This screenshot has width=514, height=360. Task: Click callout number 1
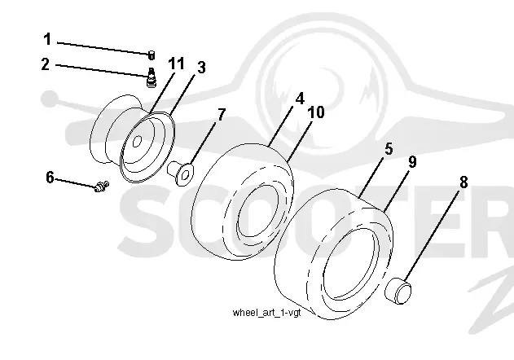click(47, 39)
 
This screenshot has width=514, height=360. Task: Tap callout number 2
click(46, 64)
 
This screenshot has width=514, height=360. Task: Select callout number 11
click(177, 64)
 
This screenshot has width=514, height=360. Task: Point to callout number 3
click(201, 68)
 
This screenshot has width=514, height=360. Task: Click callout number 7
click(222, 115)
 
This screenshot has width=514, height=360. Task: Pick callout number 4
click(300, 99)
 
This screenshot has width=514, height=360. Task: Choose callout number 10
click(316, 112)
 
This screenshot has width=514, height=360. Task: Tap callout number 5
click(389, 149)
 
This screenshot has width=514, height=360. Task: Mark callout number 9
click(412, 162)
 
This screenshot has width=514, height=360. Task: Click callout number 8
click(463, 182)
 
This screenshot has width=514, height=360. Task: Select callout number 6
click(50, 178)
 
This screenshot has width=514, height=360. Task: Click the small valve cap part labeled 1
click(152, 55)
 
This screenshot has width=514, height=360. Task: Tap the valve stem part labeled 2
click(151, 77)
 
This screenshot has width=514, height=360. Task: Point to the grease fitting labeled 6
click(101, 187)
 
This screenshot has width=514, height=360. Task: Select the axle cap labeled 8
click(398, 291)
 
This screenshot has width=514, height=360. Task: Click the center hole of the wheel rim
click(137, 141)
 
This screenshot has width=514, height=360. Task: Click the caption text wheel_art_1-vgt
click(266, 313)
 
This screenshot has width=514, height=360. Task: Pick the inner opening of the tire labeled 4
click(257, 211)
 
